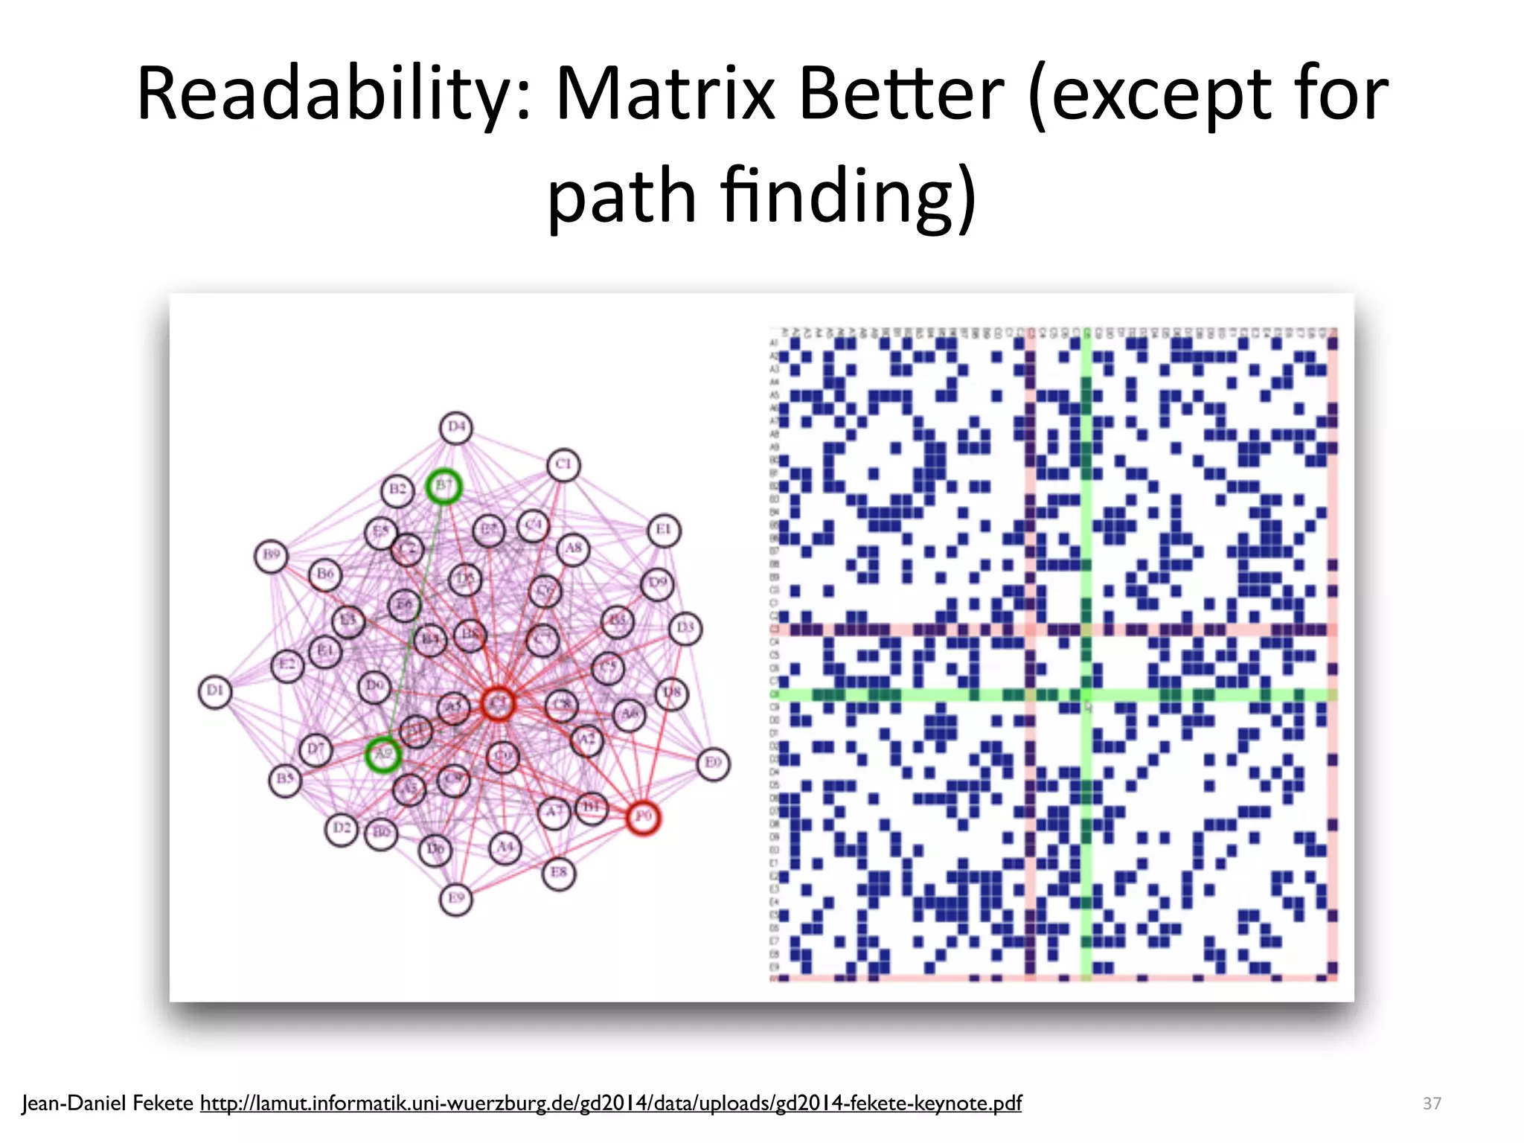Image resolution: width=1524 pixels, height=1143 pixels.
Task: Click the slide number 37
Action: (x=1432, y=1103)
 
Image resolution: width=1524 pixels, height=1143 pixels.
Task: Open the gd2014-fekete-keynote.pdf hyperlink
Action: (x=610, y=1103)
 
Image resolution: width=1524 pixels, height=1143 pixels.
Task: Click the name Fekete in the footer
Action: (x=162, y=1103)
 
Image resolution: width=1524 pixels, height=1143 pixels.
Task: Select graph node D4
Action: (x=456, y=427)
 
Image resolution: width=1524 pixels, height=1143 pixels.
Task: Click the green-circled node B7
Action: (x=444, y=486)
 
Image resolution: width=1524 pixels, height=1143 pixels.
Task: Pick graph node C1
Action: (x=563, y=464)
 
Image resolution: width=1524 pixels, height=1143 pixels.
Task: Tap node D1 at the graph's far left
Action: (x=215, y=691)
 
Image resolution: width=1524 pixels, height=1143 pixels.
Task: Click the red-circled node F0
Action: (x=643, y=817)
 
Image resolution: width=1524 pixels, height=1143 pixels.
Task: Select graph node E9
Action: (x=455, y=898)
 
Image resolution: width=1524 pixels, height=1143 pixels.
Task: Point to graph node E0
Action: (x=713, y=763)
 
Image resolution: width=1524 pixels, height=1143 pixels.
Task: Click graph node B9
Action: (x=271, y=555)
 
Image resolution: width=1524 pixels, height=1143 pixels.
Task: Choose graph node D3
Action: (x=685, y=628)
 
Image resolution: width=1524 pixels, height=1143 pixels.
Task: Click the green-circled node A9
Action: (x=383, y=754)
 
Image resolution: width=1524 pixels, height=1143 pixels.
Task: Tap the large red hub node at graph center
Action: (x=498, y=703)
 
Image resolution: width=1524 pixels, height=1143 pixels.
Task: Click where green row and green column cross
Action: (x=1086, y=695)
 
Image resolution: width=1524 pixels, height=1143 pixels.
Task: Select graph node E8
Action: (x=559, y=872)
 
